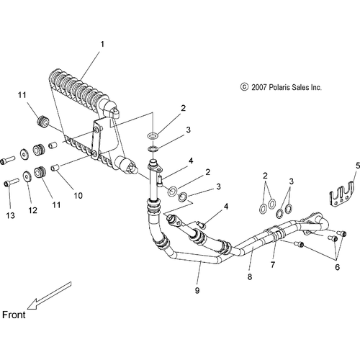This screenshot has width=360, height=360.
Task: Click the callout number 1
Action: pyautogui.click(x=102, y=44)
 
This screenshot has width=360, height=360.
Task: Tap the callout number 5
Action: pyautogui.click(x=358, y=166)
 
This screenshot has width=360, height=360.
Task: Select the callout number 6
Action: pyautogui.click(x=338, y=267)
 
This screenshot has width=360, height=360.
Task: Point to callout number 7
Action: pyautogui.click(x=273, y=265)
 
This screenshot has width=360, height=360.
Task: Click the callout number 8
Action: pyautogui.click(x=250, y=276)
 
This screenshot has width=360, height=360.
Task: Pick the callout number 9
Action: pyautogui.click(x=197, y=290)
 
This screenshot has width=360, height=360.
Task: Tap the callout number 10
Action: pyautogui.click(x=78, y=196)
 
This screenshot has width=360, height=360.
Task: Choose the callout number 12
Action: pyautogui.click(x=33, y=210)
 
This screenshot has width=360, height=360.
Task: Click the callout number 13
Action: pyautogui.click(x=10, y=215)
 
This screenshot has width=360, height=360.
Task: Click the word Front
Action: pyautogui.click(x=14, y=315)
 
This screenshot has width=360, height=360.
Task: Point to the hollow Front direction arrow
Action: pyautogui.click(x=49, y=295)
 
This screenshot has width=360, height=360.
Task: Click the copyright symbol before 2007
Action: pyautogui.click(x=244, y=87)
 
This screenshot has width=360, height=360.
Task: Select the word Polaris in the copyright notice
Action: pyautogui.click(x=279, y=87)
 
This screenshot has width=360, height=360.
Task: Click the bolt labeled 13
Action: pyautogui.click(x=12, y=184)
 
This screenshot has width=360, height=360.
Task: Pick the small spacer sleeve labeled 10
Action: pyautogui.click(x=55, y=167)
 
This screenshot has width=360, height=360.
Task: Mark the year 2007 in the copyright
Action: pyautogui.click(x=258, y=87)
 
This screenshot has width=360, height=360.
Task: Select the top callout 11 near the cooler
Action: pyautogui.click(x=22, y=95)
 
